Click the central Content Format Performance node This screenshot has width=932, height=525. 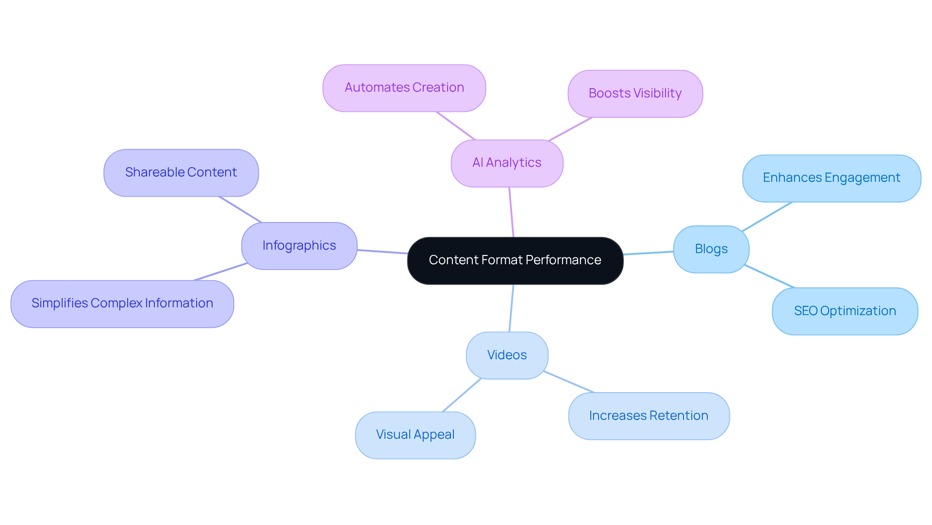point(515,260)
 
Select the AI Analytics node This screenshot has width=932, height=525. point(507,163)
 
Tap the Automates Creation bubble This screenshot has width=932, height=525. point(404,88)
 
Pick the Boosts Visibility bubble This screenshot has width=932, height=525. point(635,94)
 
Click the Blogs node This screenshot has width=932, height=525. point(711,249)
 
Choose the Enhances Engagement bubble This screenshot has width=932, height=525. point(831,178)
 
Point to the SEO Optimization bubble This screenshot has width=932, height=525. point(845,311)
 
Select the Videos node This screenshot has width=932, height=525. point(507,355)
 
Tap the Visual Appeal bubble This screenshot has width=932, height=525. point(415,435)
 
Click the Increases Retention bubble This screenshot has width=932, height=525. point(649,416)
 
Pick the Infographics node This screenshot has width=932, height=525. point(299,246)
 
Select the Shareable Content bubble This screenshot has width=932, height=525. point(181,173)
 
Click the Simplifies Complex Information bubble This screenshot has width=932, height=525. point(122,303)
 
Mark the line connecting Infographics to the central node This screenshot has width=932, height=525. point(383,252)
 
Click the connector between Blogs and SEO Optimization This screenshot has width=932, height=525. point(769,276)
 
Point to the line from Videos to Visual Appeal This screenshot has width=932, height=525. point(462,395)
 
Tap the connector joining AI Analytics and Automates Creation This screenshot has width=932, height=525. point(455,126)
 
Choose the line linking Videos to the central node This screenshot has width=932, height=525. point(511,308)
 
